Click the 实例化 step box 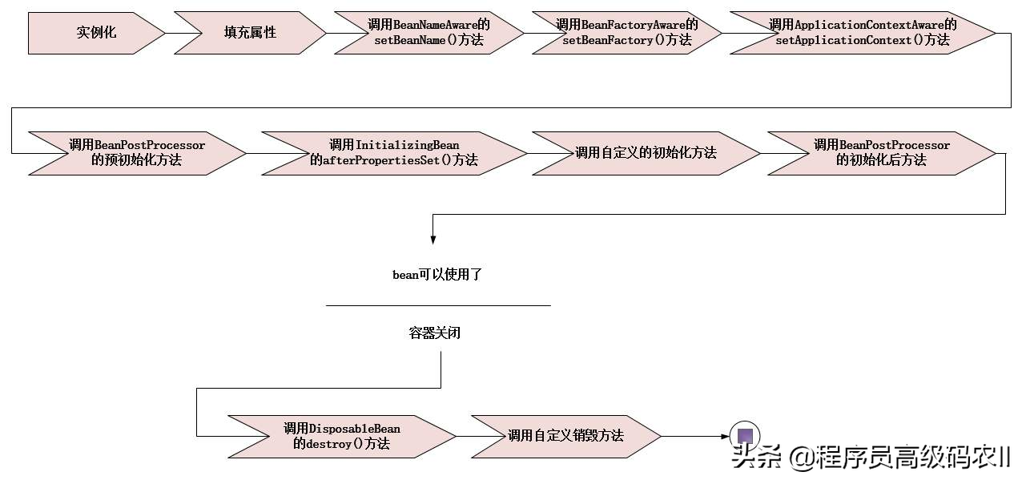96,33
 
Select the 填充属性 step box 250,33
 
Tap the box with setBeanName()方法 429,33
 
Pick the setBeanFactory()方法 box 626,33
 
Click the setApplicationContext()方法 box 862,33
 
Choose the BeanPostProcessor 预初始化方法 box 136,152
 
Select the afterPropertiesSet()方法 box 394,152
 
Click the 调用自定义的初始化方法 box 646,152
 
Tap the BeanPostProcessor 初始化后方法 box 881,152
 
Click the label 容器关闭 435,333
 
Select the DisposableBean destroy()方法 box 341,436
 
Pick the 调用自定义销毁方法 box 565,436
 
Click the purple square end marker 745,436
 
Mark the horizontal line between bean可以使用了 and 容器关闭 438,305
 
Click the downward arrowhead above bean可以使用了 433,238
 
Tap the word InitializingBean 407,145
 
